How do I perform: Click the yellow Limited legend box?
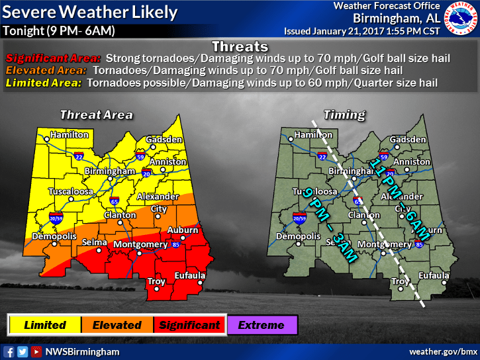pos(44,325)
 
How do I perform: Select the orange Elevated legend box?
pos(117,325)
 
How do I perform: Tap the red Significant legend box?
pos(189,325)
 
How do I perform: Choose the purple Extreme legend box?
pos(261,325)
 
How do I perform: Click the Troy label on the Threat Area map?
pos(156,281)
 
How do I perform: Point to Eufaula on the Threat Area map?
pos(189,275)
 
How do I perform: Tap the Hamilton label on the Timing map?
pos(313,135)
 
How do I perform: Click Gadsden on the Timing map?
pos(408,140)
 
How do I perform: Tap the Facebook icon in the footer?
pos(9,351)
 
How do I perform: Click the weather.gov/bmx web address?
pos(443,351)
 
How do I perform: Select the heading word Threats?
pos(240,46)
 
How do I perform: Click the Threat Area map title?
pos(96,114)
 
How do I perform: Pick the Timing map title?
pos(344,114)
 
